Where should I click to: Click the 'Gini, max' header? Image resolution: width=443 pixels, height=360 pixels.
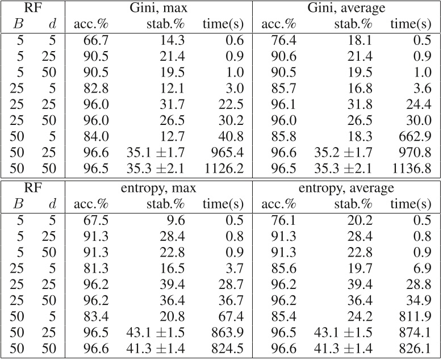coord(158,9)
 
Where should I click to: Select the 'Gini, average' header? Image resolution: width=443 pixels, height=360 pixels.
coord(346,9)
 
